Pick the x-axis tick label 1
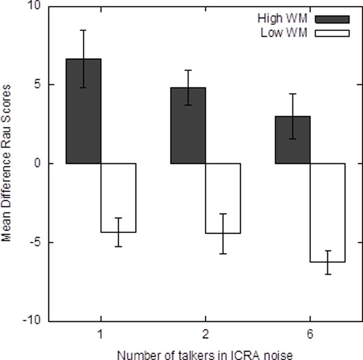pyautogui.click(x=101, y=333)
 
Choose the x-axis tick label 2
pyautogui.click(x=206, y=333)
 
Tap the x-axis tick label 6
pyautogui.click(x=310, y=333)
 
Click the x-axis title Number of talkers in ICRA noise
pyautogui.click(x=206, y=352)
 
